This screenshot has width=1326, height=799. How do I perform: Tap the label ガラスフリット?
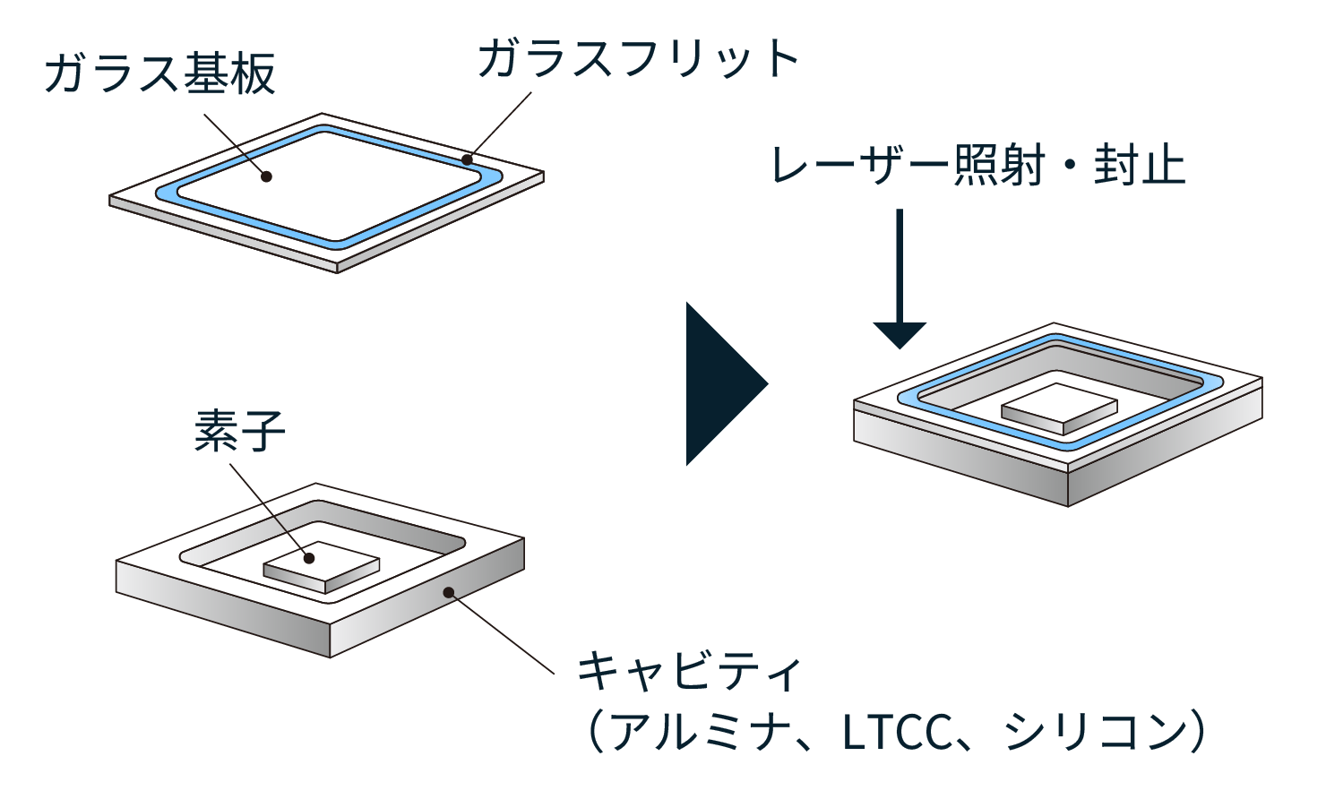(x=637, y=59)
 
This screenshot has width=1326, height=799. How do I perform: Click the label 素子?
(x=239, y=431)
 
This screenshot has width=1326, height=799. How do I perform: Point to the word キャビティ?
(x=688, y=671)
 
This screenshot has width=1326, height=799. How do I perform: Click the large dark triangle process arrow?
(x=722, y=383)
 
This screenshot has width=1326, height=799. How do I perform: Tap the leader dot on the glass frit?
(x=467, y=160)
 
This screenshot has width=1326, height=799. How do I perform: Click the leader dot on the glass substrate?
(x=266, y=176)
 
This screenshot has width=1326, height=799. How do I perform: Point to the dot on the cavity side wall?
(x=449, y=592)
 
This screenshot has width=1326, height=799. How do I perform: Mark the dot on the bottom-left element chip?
(x=309, y=558)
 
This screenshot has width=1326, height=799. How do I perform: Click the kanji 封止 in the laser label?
(x=1139, y=167)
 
